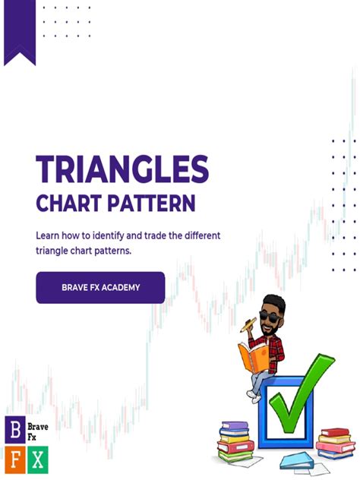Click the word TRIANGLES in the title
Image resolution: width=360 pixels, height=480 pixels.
pos(122,169)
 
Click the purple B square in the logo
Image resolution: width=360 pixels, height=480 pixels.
pos(14,431)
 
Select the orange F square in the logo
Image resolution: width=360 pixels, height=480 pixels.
pos(14,458)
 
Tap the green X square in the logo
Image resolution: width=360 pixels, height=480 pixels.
pos(37,458)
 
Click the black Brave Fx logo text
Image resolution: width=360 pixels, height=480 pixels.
pos(37,431)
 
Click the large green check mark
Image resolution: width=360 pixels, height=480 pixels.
pos(300,395)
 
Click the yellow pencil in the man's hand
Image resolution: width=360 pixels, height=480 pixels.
pos(247,324)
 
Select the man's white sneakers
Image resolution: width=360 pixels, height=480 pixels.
pos(254,395)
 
